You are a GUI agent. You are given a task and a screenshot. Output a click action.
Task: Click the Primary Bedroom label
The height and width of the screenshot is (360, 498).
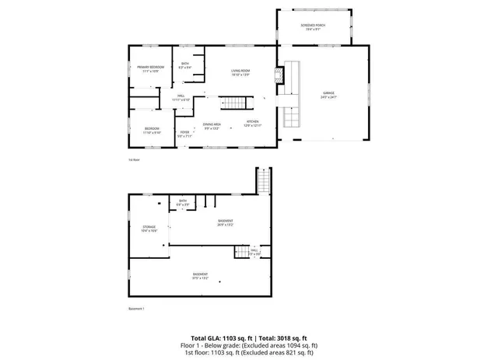tap(151, 68)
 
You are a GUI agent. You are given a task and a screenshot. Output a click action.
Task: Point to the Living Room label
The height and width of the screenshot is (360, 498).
tap(240, 71)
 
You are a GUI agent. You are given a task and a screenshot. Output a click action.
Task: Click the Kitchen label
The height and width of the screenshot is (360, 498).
tap(253, 122)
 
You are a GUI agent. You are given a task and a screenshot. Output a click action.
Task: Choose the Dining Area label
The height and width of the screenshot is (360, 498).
tap(212, 124)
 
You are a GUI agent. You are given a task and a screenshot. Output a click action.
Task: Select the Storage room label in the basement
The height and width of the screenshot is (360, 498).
tap(149, 227)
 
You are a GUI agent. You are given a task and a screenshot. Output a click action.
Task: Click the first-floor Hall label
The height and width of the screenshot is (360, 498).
tap(180, 96)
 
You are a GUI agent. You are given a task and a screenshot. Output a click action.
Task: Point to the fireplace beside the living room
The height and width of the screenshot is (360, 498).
tap(279, 75)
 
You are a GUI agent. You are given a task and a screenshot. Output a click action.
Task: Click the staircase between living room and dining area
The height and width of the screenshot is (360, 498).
tap(236, 103)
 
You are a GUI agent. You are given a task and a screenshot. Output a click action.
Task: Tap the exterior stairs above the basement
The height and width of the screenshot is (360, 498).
tap(264, 182)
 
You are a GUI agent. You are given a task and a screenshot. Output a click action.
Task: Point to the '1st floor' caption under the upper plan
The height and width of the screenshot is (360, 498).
tap(134, 159)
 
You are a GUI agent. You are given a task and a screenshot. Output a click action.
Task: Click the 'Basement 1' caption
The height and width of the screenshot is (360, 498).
tap(137, 309)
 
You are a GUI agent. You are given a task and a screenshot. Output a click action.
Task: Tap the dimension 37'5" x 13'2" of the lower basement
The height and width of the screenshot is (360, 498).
tap(200, 278)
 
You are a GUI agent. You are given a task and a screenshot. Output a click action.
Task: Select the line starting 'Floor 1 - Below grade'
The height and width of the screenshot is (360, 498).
tap(249, 344)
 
